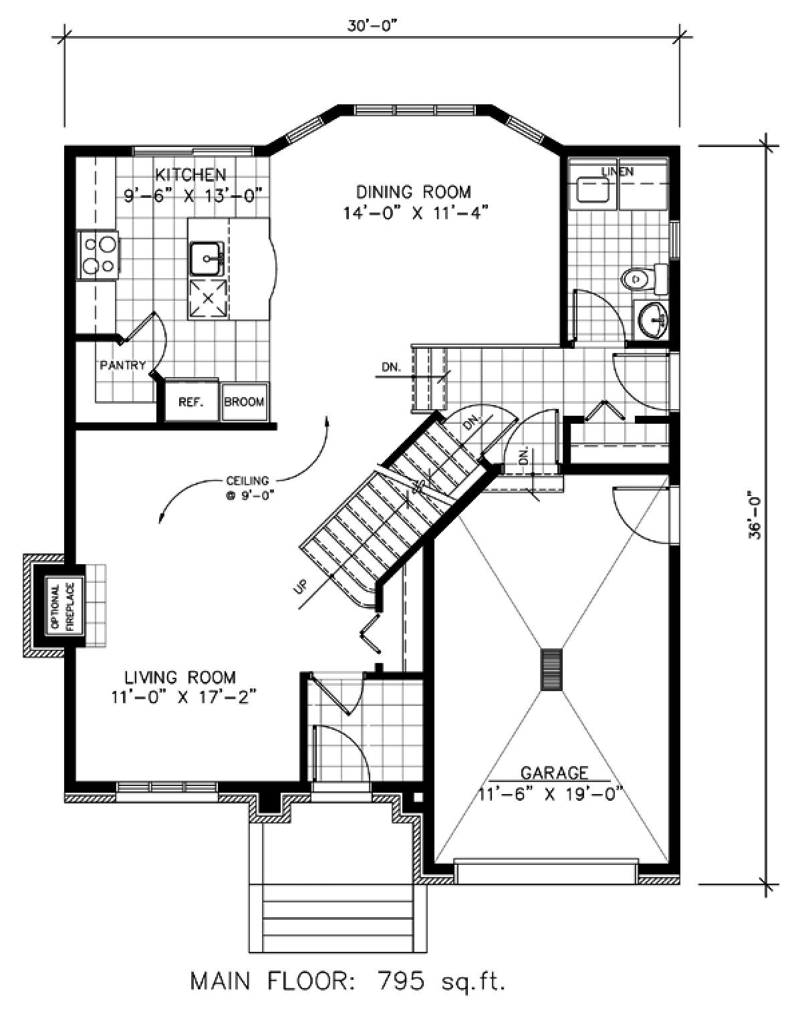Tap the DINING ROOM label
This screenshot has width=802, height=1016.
point(414,192)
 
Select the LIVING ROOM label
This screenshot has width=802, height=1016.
point(180,678)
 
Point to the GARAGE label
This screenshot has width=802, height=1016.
point(554,773)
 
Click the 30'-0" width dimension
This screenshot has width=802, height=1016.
point(372,27)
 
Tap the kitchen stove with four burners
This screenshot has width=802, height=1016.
point(99,255)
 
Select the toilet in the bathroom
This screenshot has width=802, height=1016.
point(644,279)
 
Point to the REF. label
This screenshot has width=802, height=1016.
point(190,402)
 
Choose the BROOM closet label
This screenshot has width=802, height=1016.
point(244,402)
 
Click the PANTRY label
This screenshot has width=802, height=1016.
point(122,365)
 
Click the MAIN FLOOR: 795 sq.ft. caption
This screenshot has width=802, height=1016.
point(348,984)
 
